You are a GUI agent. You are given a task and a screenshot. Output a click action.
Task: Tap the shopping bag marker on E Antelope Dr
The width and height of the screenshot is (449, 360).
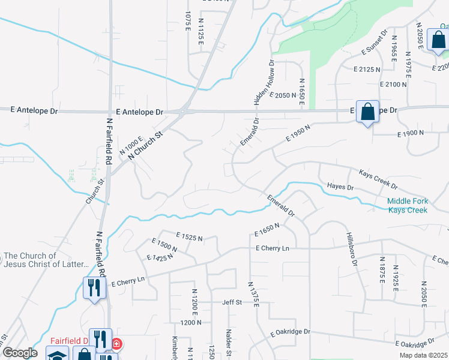[x=367, y=112]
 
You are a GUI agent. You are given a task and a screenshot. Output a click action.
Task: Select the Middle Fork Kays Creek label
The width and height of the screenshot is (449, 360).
[x=407, y=205]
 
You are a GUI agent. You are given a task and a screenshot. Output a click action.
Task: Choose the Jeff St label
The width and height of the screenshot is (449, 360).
[x=232, y=302]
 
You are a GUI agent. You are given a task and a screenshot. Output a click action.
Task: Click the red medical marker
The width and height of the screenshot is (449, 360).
[x=115, y=344]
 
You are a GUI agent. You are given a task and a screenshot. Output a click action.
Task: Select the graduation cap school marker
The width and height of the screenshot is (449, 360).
[x=57, y=354]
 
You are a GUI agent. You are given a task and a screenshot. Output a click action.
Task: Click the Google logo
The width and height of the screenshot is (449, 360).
[x=20, y=352]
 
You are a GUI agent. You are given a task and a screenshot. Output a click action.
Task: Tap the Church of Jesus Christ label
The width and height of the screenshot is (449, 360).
[x=45, y=260]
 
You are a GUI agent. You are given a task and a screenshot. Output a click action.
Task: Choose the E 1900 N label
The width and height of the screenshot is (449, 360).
[x=411, y=133]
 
